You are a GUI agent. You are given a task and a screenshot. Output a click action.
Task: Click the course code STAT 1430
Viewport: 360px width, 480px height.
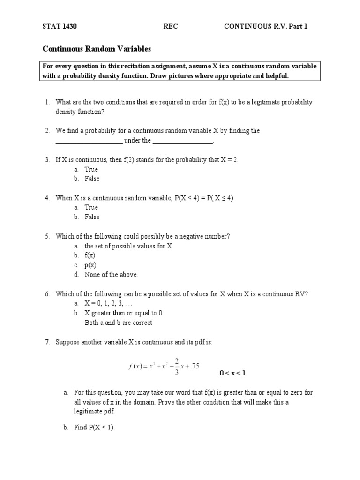click(x=60, y=27)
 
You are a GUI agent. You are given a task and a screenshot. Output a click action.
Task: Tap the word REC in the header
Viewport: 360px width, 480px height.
click(x=171, y=27)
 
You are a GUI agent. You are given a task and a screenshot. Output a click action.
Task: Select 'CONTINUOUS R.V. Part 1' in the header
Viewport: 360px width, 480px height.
click(x=266, y=27)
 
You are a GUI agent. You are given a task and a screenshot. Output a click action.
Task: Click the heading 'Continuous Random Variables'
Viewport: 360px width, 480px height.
click(x=97, y=48)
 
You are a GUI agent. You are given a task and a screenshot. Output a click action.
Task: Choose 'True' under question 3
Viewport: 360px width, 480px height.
click(x=91, y=169)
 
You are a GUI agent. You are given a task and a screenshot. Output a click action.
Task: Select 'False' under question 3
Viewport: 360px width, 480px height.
click(x=92, y=179)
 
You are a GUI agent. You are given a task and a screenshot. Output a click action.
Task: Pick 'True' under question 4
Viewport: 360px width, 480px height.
click(x=91, y=207)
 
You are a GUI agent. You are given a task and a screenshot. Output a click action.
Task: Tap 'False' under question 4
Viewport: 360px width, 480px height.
click(x=92, y=217)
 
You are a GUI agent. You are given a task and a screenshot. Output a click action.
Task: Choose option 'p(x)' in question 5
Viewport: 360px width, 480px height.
click(x=90, y=265)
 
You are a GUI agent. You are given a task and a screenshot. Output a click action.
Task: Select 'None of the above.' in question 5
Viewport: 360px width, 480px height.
click(x=112, y=275)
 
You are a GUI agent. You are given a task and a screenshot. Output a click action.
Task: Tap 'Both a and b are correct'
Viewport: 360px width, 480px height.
click(x=119, y=322)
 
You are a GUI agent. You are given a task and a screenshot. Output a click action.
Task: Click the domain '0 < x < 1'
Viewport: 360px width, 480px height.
click(x=232, y=373)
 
